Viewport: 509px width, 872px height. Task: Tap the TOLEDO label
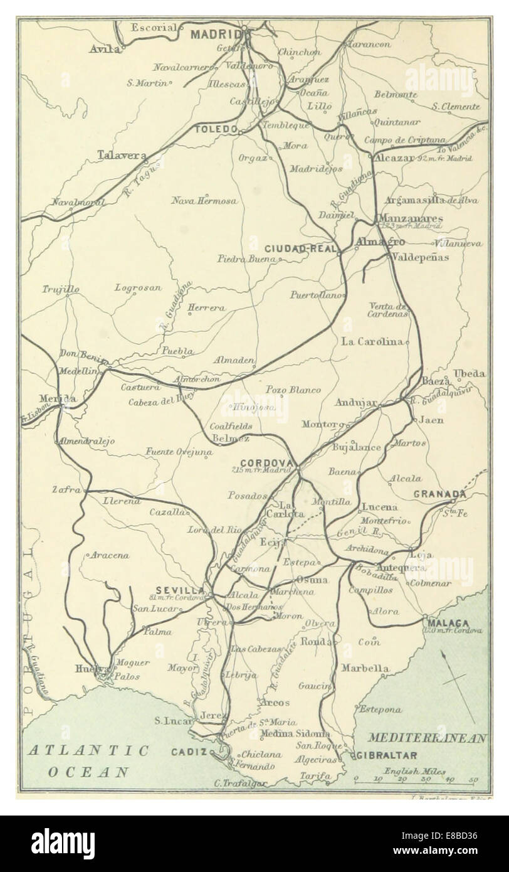(216, 130)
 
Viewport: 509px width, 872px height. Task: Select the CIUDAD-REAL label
(298, 248)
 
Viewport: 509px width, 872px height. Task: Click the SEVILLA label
(180, 590)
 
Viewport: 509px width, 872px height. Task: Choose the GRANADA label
(439, 494)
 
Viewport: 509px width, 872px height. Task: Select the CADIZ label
(190, 752)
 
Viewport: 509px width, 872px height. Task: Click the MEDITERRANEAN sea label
(427, 738)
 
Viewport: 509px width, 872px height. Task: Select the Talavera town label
(122, 154)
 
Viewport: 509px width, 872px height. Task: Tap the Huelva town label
(88, 668)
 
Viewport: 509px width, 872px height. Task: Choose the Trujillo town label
(61, 289)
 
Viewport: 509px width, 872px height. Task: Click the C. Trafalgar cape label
(241, 783)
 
